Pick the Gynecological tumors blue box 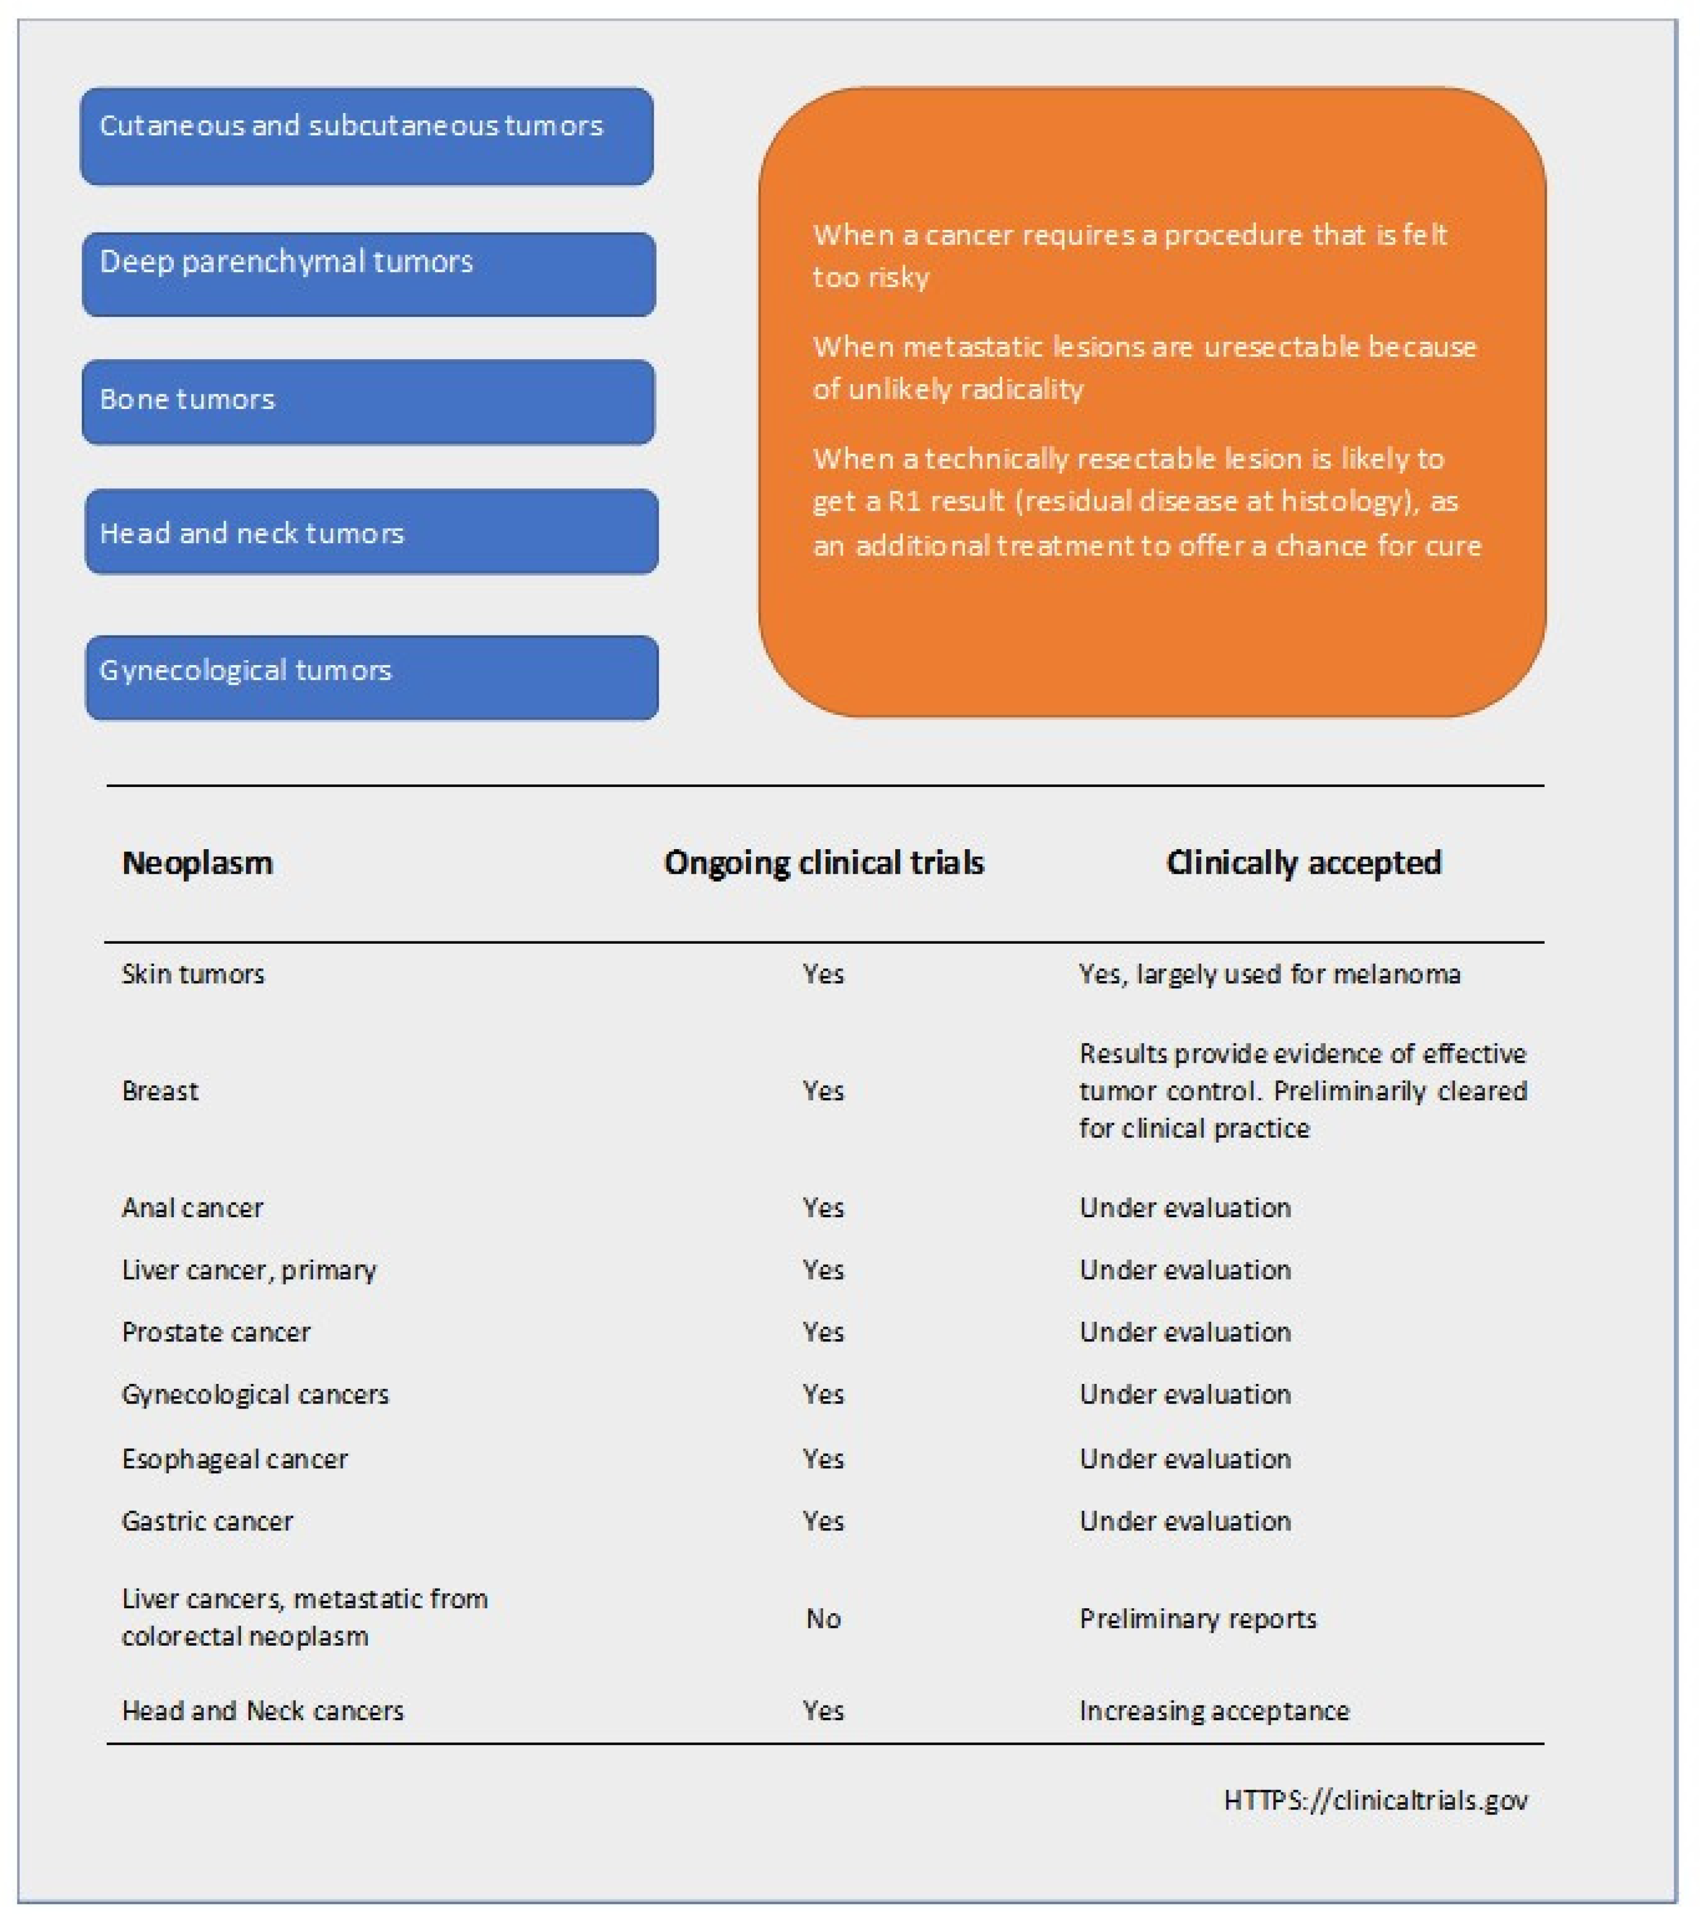click(x=371, y=677)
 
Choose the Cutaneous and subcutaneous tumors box click(x=367, y=136)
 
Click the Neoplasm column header click(x=197, y=862)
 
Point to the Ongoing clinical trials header click(x=824, y=862)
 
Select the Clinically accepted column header click(x=1303, y=862)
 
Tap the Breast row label click(x=160, y=1091)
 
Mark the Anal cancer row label click(x=193, y=1207)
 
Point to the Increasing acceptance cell click(x=1214, y=1711)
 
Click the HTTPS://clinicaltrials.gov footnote click(x=1376, y=1799)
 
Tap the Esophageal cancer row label click(x=235, y=1458)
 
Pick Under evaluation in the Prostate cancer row click(x=1185, y=1331)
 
